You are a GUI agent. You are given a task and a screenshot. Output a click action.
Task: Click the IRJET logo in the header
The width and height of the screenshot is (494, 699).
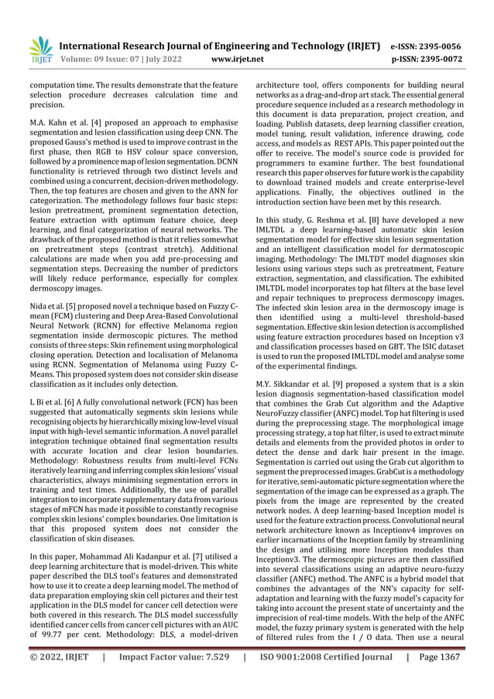click(41, 49)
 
